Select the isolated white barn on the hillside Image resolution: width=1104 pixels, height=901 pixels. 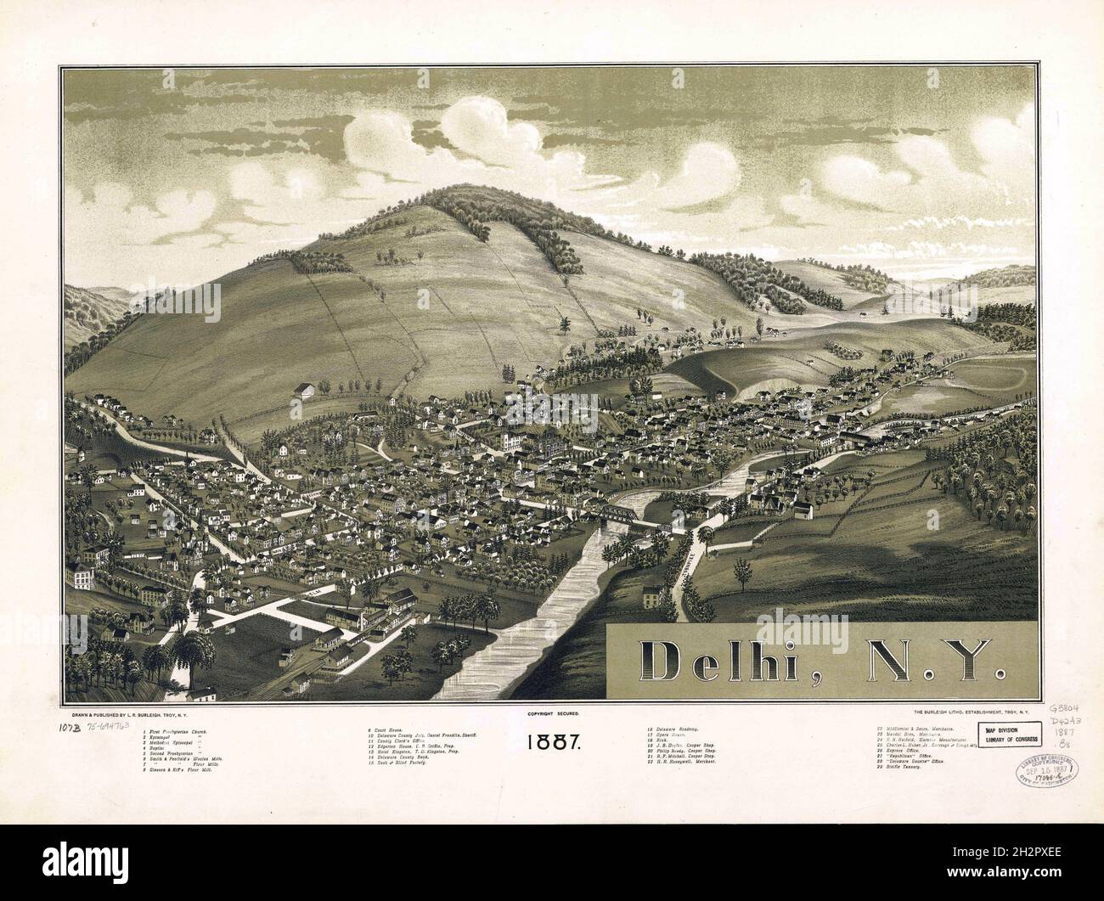(302, 390)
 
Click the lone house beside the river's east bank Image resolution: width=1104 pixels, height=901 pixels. (651, 598)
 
